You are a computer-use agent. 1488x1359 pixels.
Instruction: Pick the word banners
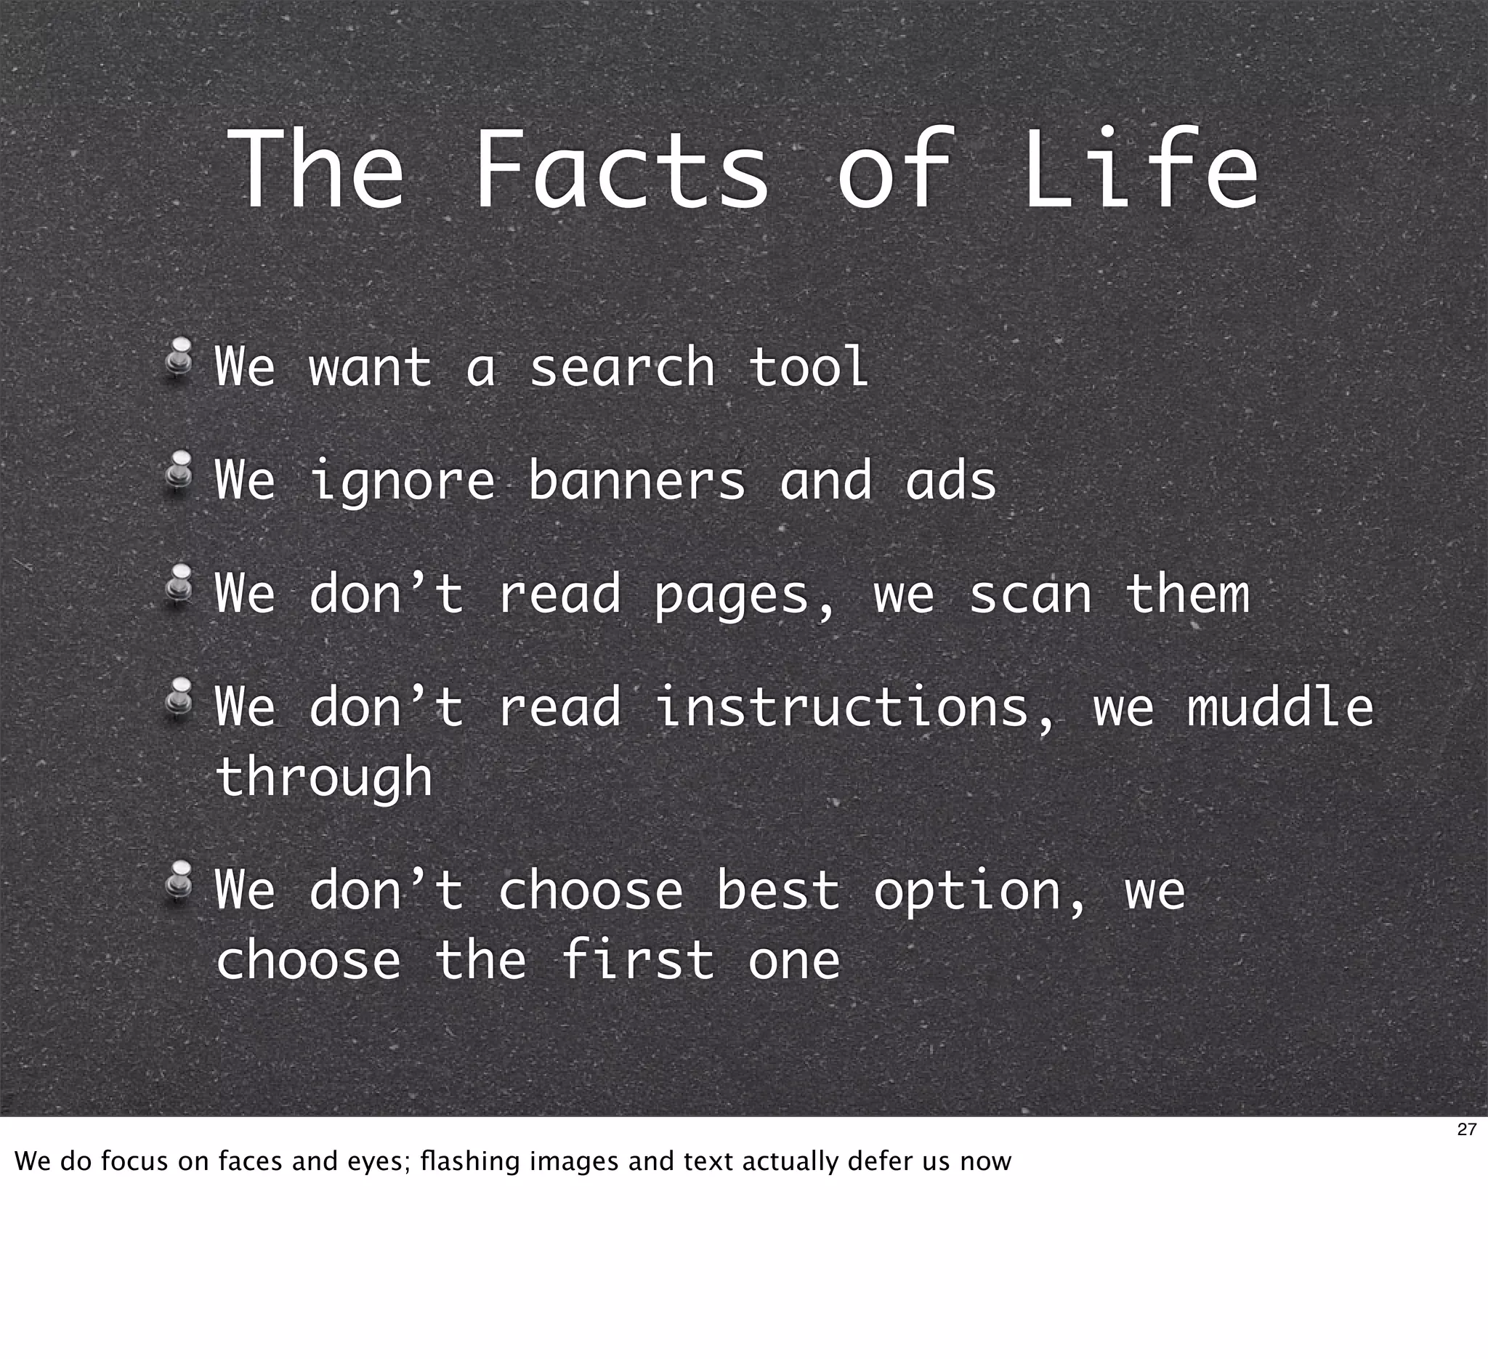click(637, 481)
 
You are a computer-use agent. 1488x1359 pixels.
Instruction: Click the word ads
click(950, 481)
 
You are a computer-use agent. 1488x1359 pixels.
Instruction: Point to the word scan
click(1030, 595)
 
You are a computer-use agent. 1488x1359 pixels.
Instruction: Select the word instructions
click(841, 707)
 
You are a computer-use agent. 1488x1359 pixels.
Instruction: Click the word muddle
click(1280, 707)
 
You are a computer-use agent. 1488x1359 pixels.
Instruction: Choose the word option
click(967, 892)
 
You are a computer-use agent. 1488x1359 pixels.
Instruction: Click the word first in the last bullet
click(637, 961)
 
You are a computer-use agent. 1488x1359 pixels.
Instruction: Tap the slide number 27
click(1467, 1129)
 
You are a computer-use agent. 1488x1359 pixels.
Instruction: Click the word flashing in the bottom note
click(469, 1161)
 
